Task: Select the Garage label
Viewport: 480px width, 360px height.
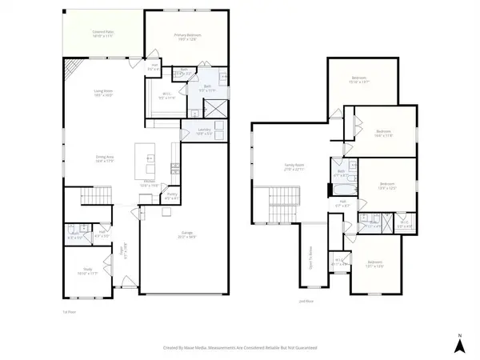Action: [x=187, y=236]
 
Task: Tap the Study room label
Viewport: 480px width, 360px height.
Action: [x=83, y=271]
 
